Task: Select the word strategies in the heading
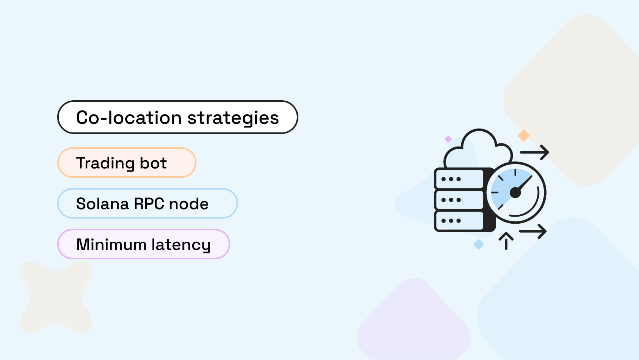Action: pyautogui.click(x=233, y=118)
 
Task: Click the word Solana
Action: pyautogui.click(x=102, y=204)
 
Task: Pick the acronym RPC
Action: pyautogui.click(x=149, y=204)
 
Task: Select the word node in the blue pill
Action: pyautogui.click(x=189, y=204)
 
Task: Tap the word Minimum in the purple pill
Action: pyautogui.click(x=111, y=245)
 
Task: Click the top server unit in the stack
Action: pyautogui.click(x=459, y=179)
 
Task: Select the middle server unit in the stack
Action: pyautogui.click(x=459, y=200)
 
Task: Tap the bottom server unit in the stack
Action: pyautogui.click(x=459, y=221)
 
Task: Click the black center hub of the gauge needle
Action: pyautogui.click(x=515, y=192)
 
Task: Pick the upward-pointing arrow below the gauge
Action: pyautogui.click(x=506, y=240)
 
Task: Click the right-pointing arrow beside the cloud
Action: pyautogui.click(x=534, y=152)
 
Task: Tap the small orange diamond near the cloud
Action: pyautogui.click(x=523, y=136)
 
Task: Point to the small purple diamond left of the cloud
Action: pyautogui.click(x=448, y=139)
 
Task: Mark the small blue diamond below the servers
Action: pyautogui.click(x=478, y=244)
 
